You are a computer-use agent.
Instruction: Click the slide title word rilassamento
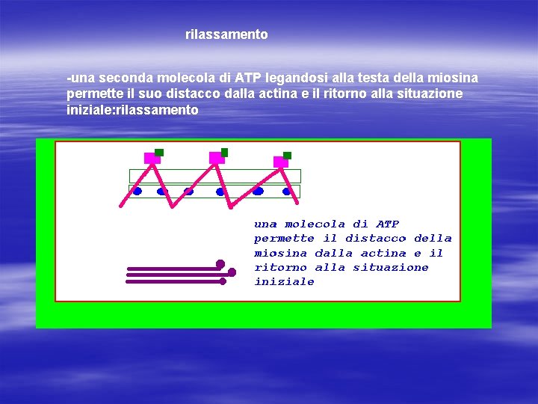[x=226, y=34]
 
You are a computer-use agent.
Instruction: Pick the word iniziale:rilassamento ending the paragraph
[x=132, y=109]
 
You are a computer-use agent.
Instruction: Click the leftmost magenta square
[x=152, y=158]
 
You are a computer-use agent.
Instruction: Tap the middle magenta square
[x=216, y=158]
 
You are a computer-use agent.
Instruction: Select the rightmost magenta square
[x=280, y=162]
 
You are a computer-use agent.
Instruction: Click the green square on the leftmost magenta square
[x=159, y=152]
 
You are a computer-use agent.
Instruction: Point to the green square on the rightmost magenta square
[x=287, y=156]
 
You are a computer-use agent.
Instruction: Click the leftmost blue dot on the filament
[x=137, y=191]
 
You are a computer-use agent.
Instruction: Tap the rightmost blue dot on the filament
[x=286, y=191]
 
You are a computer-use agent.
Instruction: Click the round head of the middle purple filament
[x=232, y=272]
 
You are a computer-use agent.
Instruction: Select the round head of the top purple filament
[x=220, y=263]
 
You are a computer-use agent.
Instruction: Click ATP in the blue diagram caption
[x=387, y=224]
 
